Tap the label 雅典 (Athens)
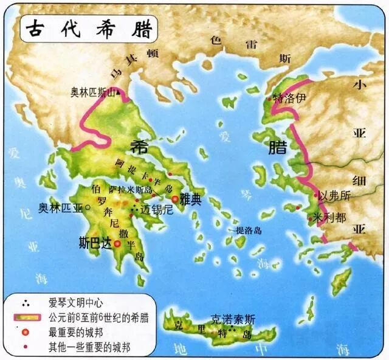pyautogui.click(x=191, y=199)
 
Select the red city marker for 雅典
pyautogui.click(x=175, y=199)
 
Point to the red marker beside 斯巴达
pyautogui.click(x=117, y=242)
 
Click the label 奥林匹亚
pyautogui.click(x=61, y=207)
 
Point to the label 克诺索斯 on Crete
pyautogui.click(x=233, y=318)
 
